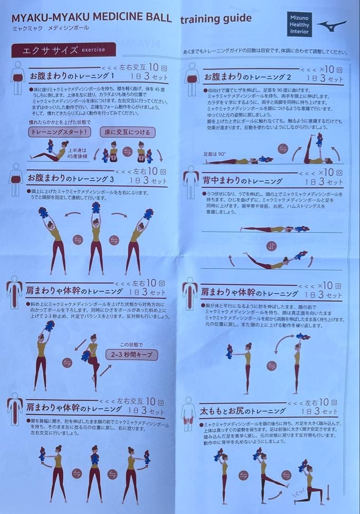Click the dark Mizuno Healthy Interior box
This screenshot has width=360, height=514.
[300, 24]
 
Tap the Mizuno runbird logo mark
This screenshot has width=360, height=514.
[332, 25]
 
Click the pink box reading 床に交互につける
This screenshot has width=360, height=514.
[127, 132]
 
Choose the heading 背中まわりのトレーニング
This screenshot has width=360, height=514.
[243, 181]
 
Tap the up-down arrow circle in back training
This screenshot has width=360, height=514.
[271, 246]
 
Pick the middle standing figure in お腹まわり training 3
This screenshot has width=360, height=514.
[96, 238]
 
